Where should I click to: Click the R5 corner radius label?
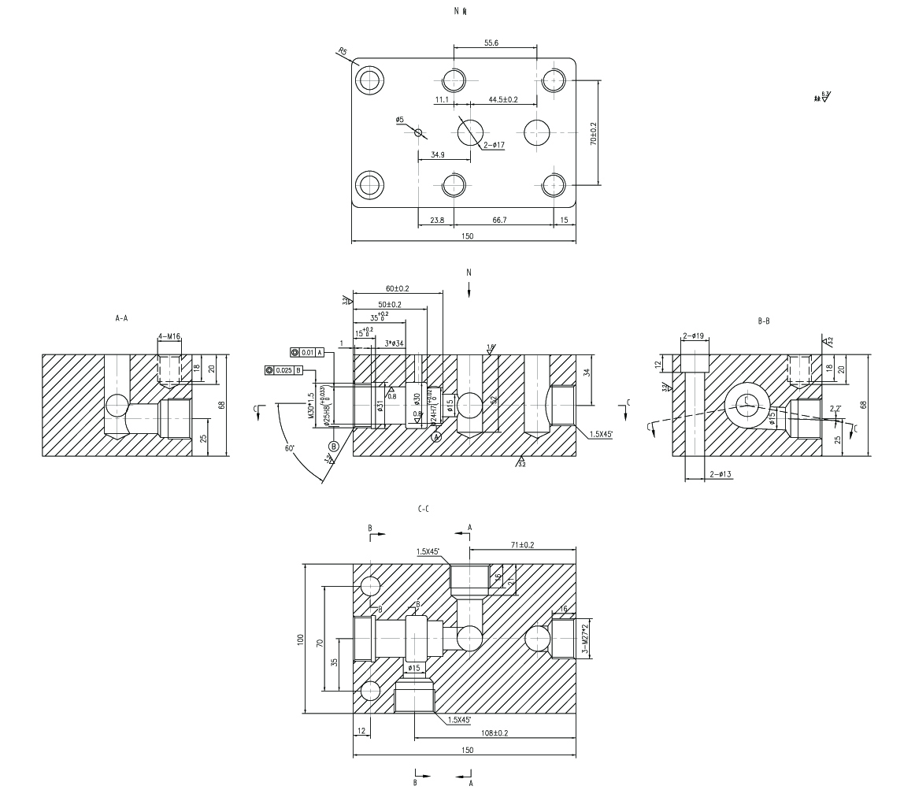(342, 52)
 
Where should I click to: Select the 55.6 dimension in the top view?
(491, 43)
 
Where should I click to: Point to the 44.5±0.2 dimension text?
(502, 100)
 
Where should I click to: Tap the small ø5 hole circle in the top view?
(419, 132)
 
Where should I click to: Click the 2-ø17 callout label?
(494, 145)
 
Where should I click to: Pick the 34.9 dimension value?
(439, 155)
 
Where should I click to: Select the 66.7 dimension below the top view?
(499, 221)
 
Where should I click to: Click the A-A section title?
(122, 320)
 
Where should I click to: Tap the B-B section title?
(763, 321)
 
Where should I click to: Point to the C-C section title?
(423, 510)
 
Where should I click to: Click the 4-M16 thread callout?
(169, 337)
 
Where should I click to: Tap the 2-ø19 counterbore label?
(694, 336)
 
